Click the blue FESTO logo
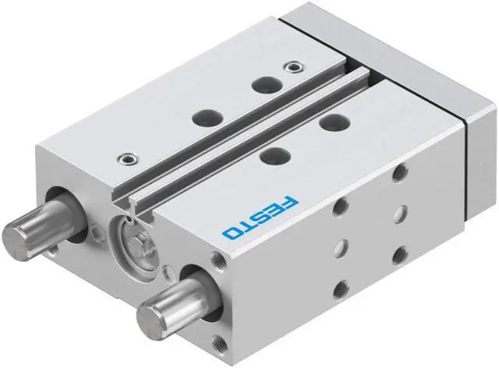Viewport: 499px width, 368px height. pos(260,218)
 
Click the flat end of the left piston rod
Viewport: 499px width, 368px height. pos(14,237)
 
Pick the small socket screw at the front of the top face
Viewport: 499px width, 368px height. pos(128,158)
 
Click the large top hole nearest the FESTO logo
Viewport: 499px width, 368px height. pos(275,157)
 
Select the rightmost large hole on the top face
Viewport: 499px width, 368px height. pos(334,122)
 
